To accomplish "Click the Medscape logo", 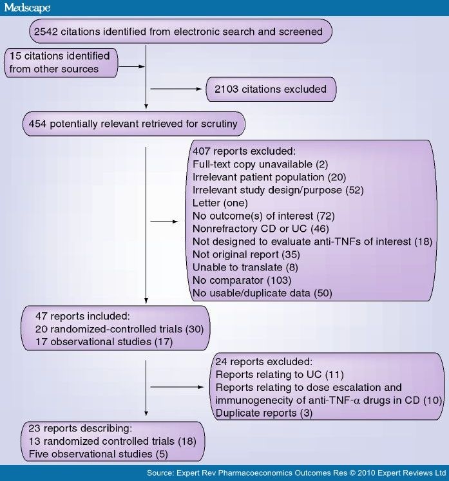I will click(26, 8).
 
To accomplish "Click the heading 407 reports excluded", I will click(242, 153).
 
